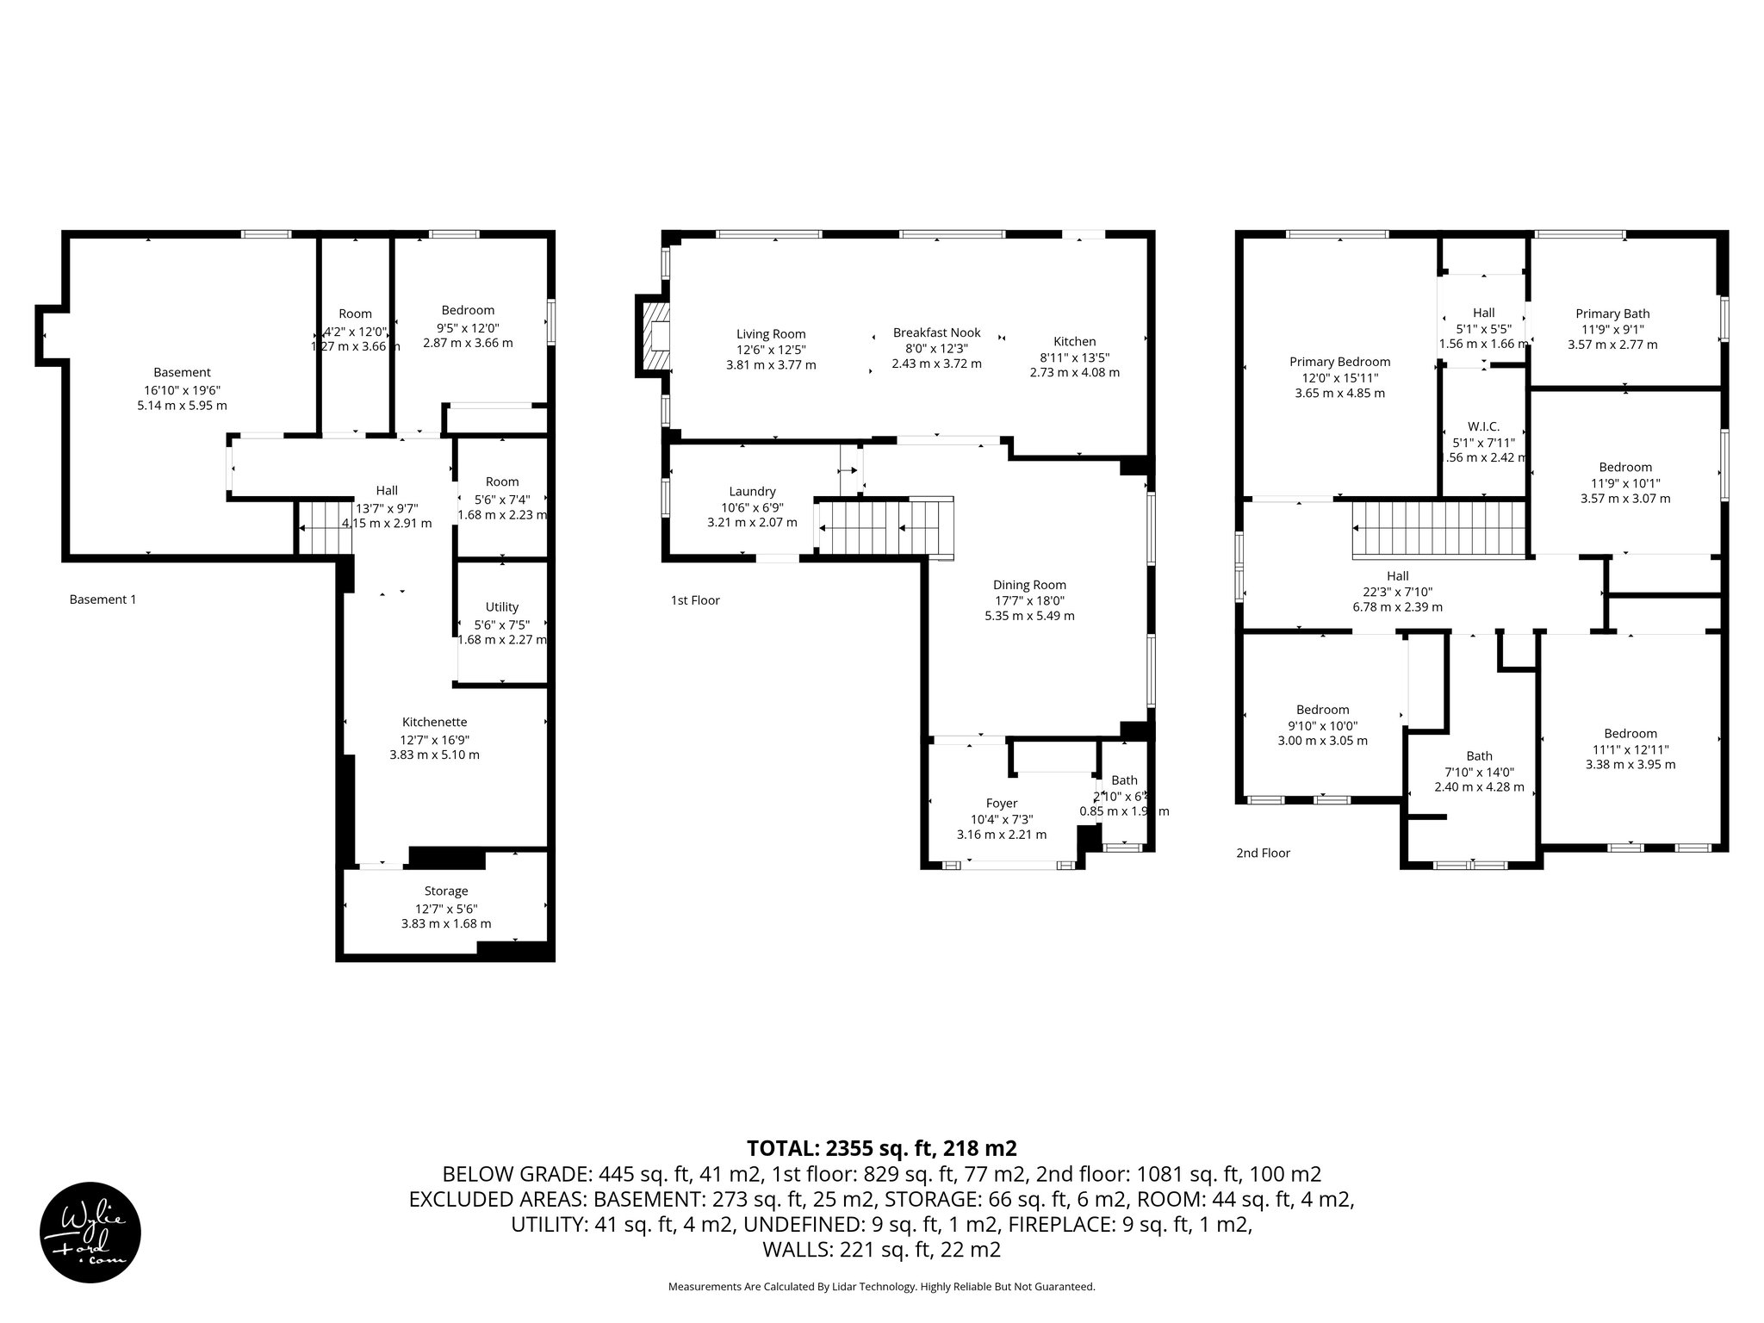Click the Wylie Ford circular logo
pyautogui.click(x=90, y=1232)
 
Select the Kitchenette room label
pyautogui.click(x=434, y=722)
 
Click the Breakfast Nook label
pyautogui.click(x=936, y=332)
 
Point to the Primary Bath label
pyautogui.click(x=1612, y=314)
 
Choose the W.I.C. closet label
pyautogui.click(x=1483, y=426)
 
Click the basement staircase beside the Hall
pyautogui.click(x=326, y=528)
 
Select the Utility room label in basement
pyautogui.click(x=501, y=607)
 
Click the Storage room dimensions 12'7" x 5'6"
pyautogui.click(x=446, y=908)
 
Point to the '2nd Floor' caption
pyautogui.click(x=1263, y=853)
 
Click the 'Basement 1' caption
pyautogui.click(x=102, y=599)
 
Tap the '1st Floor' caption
pyautogui.click(x=695, y=600)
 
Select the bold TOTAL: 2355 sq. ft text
pyautogui.click(x=881, y=1148)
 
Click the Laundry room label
pyautogui.click(x=752, y=491)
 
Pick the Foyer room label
pyautogui.click(x=1002, y=803)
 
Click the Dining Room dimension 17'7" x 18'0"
pyautogui.click(x=1029, y=600)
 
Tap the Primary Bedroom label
pyautogui.click(x=1339, y=362)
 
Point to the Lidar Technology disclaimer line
pyautogui.click(x=881, y=1287)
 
